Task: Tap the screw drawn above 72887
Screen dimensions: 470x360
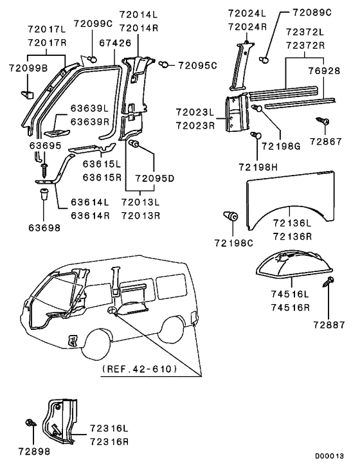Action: (x=330, y=281)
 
